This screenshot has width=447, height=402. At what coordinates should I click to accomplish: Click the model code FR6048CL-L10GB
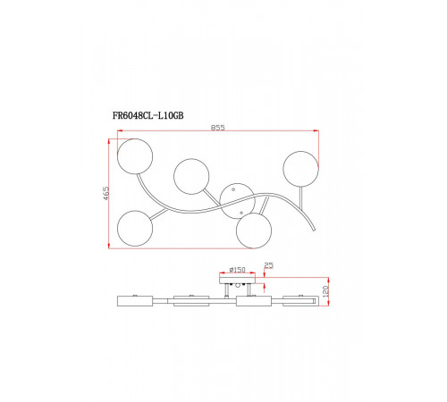148,115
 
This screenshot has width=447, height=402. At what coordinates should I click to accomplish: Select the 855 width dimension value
218,128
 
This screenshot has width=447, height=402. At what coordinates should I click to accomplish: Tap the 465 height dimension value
106,193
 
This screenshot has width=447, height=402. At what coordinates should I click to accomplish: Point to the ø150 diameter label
237,270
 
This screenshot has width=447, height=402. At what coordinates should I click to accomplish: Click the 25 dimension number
268,265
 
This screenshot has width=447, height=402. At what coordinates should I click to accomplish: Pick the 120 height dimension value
325,290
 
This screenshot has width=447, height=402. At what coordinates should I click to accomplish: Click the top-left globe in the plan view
135,156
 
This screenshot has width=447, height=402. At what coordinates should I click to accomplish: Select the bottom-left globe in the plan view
135,229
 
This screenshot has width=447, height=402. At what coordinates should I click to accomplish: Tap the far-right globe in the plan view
300,169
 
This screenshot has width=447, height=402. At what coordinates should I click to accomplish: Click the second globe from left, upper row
191,177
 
